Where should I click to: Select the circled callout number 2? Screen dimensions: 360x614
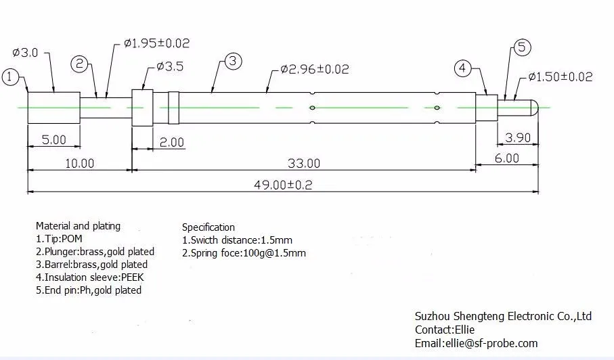pos(81,64)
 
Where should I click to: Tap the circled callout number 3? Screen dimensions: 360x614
pos(232,62)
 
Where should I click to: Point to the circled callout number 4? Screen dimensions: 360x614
pos(463,68)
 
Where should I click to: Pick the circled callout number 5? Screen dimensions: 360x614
pos(522,47)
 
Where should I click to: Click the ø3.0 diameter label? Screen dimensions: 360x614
pos(25,53)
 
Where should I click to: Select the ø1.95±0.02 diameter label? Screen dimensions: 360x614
pos(156,43)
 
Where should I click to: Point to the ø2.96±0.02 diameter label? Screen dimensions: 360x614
pos(314,69)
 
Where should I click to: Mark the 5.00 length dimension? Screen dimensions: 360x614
pos(54,140)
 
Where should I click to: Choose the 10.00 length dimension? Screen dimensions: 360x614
pos(79,163)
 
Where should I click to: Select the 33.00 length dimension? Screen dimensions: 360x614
pos(303,163)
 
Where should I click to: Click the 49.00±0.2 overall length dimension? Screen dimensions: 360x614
pos(284,185)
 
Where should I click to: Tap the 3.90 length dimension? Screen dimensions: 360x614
pos(519,138)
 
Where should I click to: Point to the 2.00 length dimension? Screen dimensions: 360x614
pos(171,142)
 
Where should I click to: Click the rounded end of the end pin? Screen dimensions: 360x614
pos(535,107)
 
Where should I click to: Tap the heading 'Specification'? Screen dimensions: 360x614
pos(209,227)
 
